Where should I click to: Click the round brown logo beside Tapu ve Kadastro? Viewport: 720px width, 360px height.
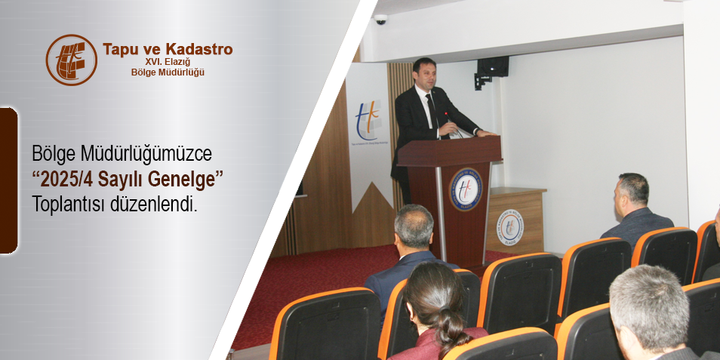coord(71,60)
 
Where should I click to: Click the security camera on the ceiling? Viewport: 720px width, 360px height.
coord(380,19)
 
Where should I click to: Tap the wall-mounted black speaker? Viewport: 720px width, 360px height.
coord(491,68)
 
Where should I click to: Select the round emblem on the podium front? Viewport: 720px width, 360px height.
coord(466,189)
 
